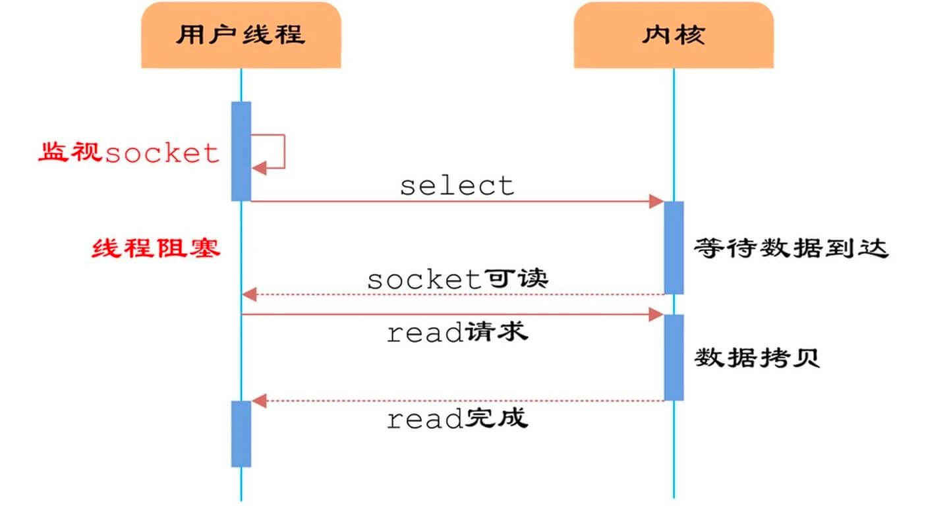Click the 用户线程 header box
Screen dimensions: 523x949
pyautogui.click(x=241, y=35)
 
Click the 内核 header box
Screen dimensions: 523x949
pyautogui.click(x=673, y=35)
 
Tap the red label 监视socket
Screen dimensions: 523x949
pyautogui.click(x=129, y=153)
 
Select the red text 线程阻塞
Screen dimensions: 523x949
pyautogui.click(x=156, y=248)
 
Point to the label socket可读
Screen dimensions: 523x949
pyautogui.click(x=457, y=279)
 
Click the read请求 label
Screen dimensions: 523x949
pyautogui.click(x=457, y=332)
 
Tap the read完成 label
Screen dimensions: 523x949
pyautogui.click(x=457, y=418)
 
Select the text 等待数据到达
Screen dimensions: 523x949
pyautogui.click(x=791, y=248)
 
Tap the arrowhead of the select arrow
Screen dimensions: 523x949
pyautogui.click(x=656, y=201)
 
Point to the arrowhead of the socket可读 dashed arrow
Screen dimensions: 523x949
pyautogui.click(x=248, y=294)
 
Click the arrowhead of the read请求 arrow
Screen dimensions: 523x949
pyautogui.click(x=656, y=315)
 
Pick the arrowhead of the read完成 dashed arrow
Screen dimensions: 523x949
pyautogui.click(x=259, y=400)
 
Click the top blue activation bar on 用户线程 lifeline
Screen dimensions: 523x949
pyautogui.click(x=241, y=151)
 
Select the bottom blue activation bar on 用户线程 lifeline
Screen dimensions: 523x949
pyautogui.click(x=241, y=433)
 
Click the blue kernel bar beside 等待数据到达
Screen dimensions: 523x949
pyautogui.click(x=674, y=247)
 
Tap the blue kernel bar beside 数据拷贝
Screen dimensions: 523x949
pyautogui.click(x=674, y=357)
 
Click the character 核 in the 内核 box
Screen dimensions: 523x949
pyautogui.click(x=690, y=35)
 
